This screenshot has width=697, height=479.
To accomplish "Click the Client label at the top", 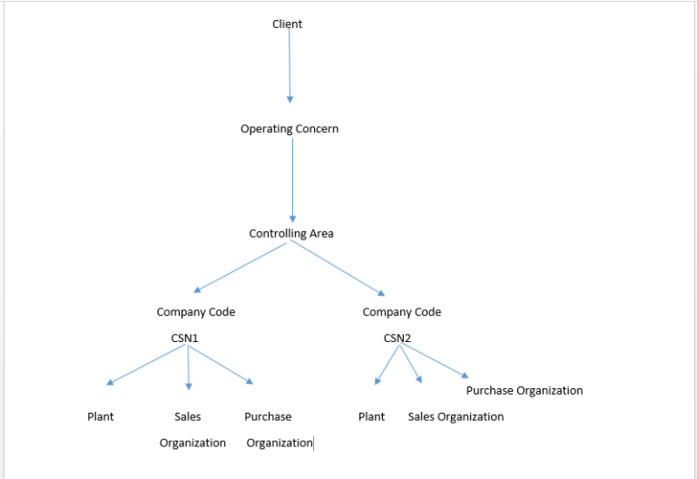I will click(287, 24).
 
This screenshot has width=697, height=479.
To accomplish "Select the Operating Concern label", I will click(290, 129).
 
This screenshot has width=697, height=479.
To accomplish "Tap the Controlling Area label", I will click(291, 233).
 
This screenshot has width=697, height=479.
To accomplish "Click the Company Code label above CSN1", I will click(195, 312).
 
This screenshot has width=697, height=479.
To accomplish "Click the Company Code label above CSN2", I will click(401, 312).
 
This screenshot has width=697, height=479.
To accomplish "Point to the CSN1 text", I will click(184, 338).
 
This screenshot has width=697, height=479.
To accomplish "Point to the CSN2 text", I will click(398, 338).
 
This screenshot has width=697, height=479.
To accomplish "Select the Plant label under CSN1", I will click(100, 416).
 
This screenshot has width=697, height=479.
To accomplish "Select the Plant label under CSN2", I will click(371, 416).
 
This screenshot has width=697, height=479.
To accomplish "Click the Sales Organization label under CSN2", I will click(456, 416).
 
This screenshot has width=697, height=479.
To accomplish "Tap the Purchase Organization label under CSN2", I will click(525, 390).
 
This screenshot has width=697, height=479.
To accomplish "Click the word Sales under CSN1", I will click(188, 416).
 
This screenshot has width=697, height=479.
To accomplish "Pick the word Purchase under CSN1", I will click(268, 416).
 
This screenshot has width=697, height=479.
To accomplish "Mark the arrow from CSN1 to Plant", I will click(145, 366).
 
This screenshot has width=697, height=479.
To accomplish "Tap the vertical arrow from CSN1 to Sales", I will click(188, 367).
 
